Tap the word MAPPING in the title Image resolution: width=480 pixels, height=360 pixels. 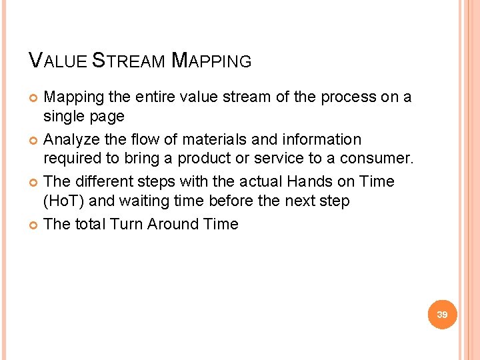(x=211, y=61)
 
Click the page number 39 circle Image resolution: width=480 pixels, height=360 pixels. (x=442, y=314)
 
